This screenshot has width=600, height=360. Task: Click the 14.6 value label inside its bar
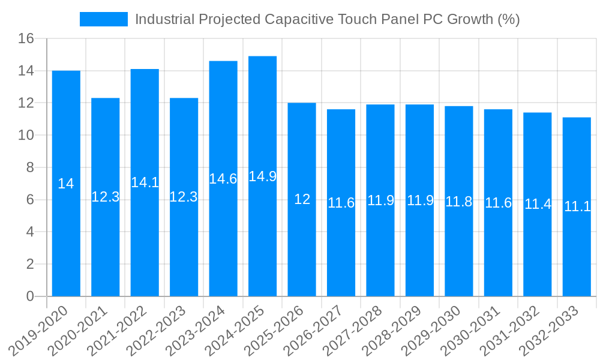point(223,179)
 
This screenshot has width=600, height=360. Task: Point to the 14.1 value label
point(145,182)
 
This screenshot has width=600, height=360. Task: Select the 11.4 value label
point(538,204)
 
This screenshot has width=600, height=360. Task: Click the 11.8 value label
point(459,202)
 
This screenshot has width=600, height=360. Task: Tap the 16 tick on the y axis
point(26,39)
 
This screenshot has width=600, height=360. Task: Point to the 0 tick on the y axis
point(30,296)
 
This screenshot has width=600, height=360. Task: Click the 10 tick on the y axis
point(26,136)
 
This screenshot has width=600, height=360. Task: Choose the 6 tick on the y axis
point(30,200)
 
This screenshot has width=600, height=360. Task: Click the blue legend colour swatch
point(104,19)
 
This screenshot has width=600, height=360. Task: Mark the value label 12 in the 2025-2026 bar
point(302,200)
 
